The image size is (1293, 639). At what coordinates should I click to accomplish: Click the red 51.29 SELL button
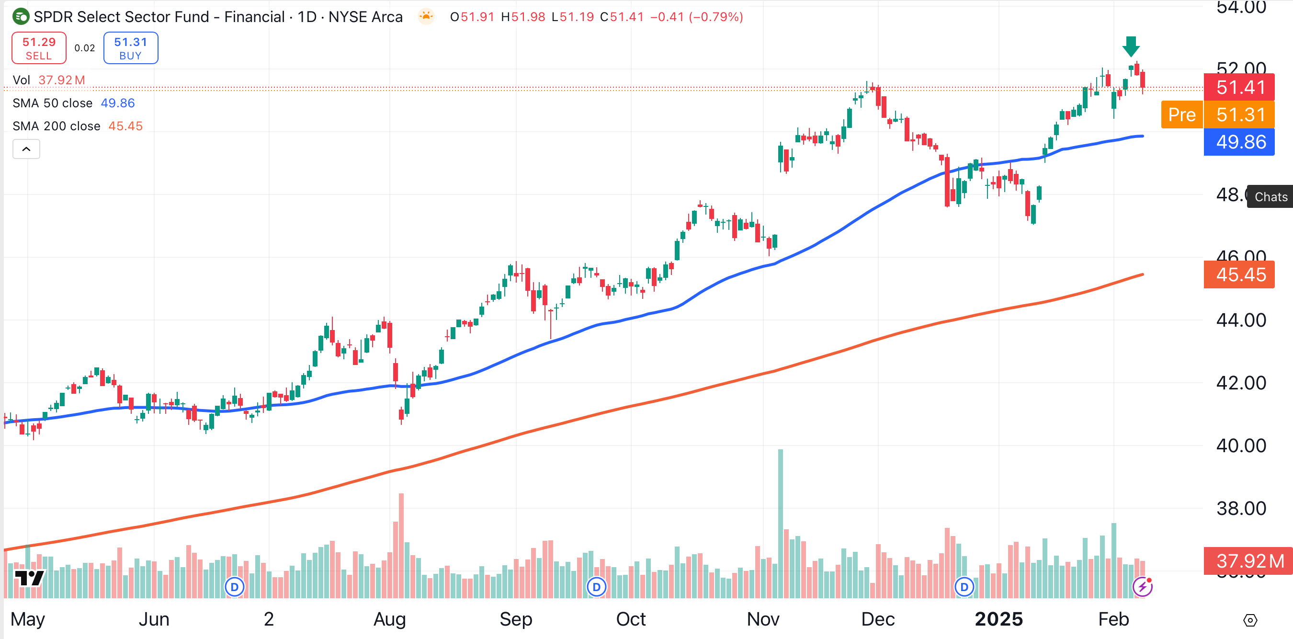click(x=39, y=48)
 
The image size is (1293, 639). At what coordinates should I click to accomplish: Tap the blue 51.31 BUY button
click(x=131, y=48)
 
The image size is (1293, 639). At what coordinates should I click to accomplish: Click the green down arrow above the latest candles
click(x=1130, y=46)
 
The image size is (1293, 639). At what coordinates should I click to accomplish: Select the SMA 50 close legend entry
click(x=73, y=103)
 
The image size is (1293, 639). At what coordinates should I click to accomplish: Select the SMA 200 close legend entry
click(x=77, y=126)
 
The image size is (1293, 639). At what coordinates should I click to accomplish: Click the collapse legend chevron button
click(x=26, y=149)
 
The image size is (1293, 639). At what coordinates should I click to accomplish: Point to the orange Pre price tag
click(x=1181, y=115)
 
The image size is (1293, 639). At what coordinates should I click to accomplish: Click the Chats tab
click(x=1270, y=197)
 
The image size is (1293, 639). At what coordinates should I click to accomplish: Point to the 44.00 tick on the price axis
click(x=1240, y=320)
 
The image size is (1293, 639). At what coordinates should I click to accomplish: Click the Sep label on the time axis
click(x=515, y=619)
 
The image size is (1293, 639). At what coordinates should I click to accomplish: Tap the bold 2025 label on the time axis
click(x=998, y=619)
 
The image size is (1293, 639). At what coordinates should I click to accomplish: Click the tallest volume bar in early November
click(x=780, y=522)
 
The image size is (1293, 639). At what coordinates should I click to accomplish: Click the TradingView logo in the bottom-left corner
click(x=29, y=578)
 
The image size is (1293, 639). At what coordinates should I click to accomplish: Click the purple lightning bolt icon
click(x=1143, y=586)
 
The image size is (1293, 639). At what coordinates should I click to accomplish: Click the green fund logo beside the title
click(x=21, y=17)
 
